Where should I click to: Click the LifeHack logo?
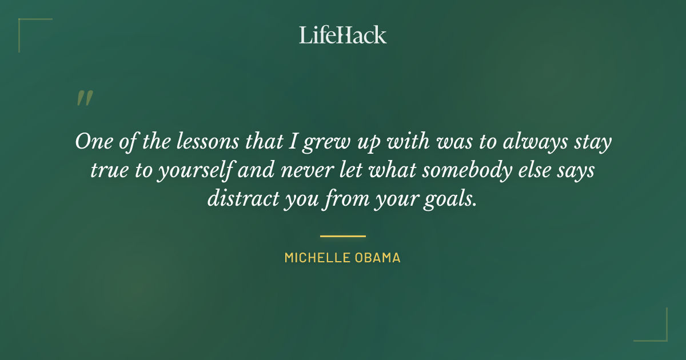click(x=343, y=35)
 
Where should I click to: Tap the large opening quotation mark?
click(x=84, y=98)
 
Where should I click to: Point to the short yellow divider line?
click(x=343, y=235)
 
